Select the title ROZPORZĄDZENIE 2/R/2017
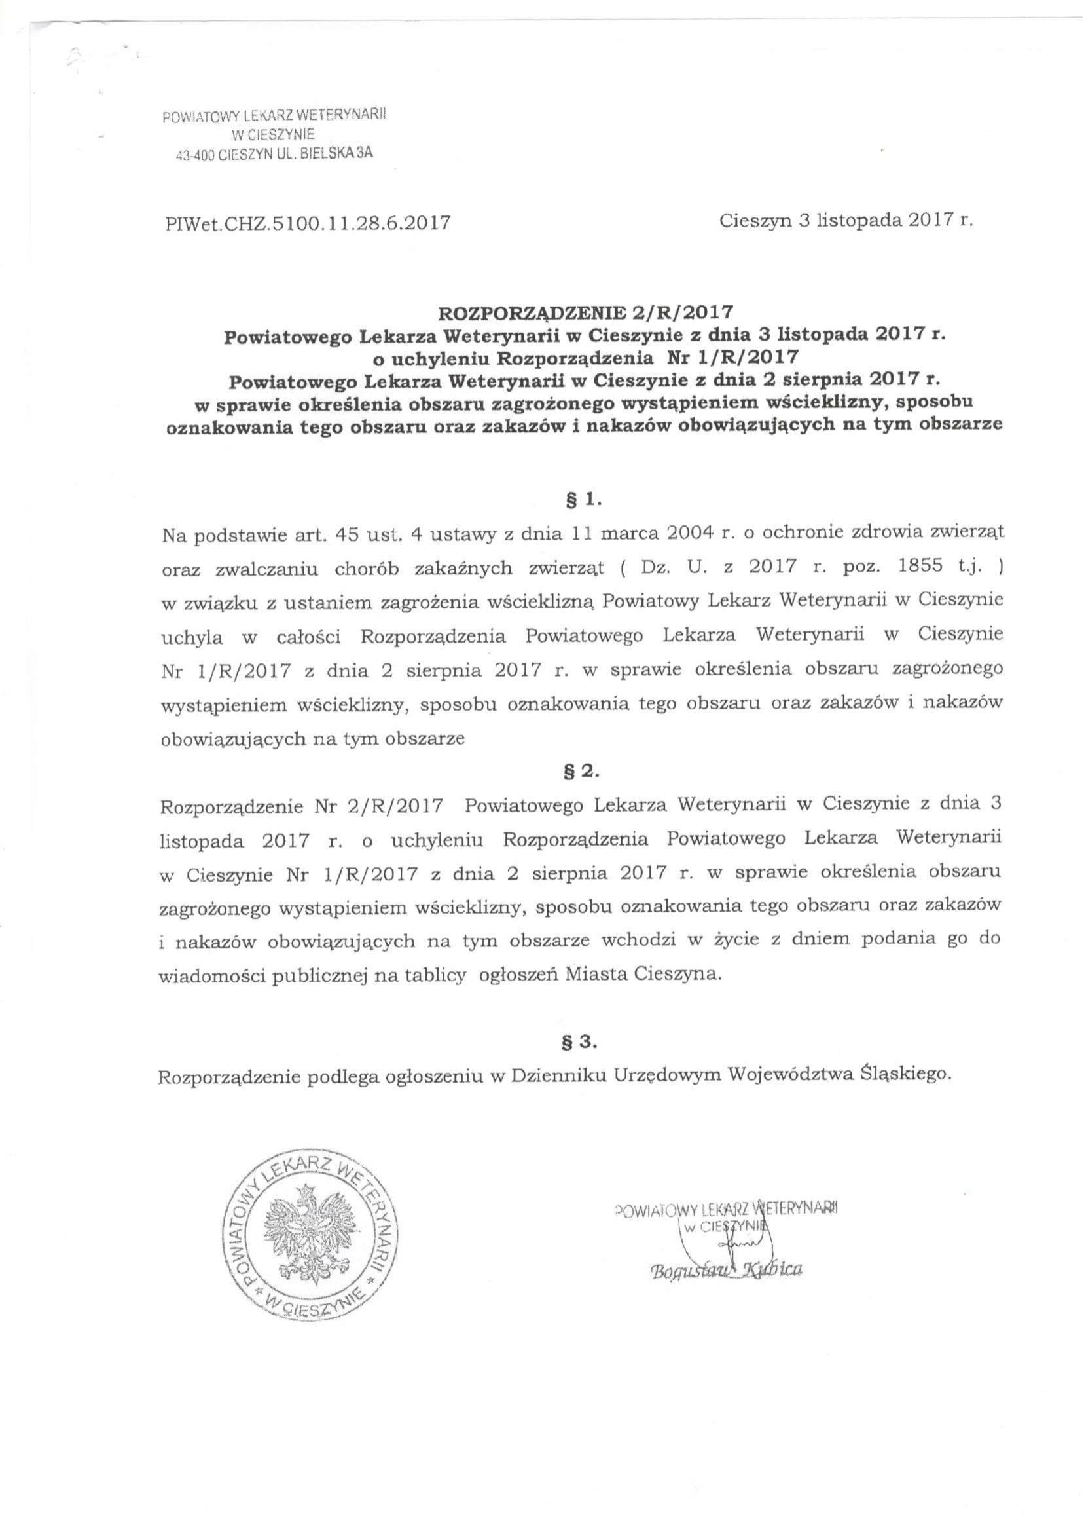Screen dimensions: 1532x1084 click(585, 312)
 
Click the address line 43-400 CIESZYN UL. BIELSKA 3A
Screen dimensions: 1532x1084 click(274, 153)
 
